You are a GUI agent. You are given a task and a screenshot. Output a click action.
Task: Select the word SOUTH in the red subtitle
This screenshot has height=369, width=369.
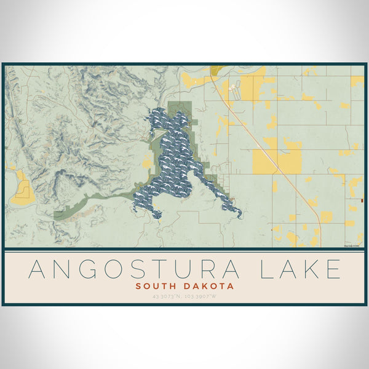[158, 286]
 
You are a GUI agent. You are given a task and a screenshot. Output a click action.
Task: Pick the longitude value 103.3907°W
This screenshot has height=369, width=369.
[202, 296]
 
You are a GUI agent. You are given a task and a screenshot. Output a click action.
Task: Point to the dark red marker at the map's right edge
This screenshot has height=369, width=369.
[362, 200]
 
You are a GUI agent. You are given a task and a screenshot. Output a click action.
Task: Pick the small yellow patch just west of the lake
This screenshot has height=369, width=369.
[147, 162]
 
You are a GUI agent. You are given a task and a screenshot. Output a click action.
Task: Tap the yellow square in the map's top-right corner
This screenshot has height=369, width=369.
[357, 81]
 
